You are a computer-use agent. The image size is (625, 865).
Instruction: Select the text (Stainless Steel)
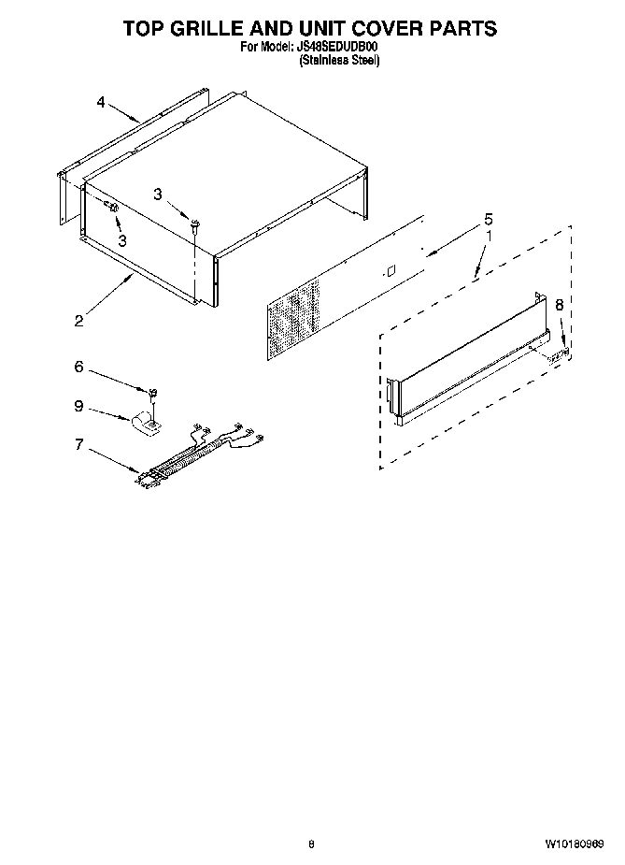pyautogui.click(x=339, y=60)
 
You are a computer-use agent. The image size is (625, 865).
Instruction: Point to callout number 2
pyautogui.click(x=78, y=321)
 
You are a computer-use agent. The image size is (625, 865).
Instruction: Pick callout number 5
pyautogui.click(x=487, y=220)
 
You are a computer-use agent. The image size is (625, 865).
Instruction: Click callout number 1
pyautogui.click(x=487, y=238)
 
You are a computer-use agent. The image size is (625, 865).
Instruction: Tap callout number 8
pyautogui.click(x=559, y=305)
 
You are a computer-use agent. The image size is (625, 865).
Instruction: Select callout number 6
pyautogui.click(x=106, y=368)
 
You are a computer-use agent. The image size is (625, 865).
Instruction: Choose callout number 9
pyautogui.click(x=106, y=407)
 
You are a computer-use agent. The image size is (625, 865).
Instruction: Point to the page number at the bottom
pyautogui.click(x=311, y=844)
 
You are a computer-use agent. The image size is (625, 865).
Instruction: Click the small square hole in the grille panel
pyautogui.click(x=391, y=271)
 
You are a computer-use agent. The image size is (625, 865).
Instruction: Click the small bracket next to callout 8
pyautogui.click(x=561, y=353)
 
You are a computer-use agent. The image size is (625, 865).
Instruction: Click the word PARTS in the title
pyautogui.click(x=462, y=29)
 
